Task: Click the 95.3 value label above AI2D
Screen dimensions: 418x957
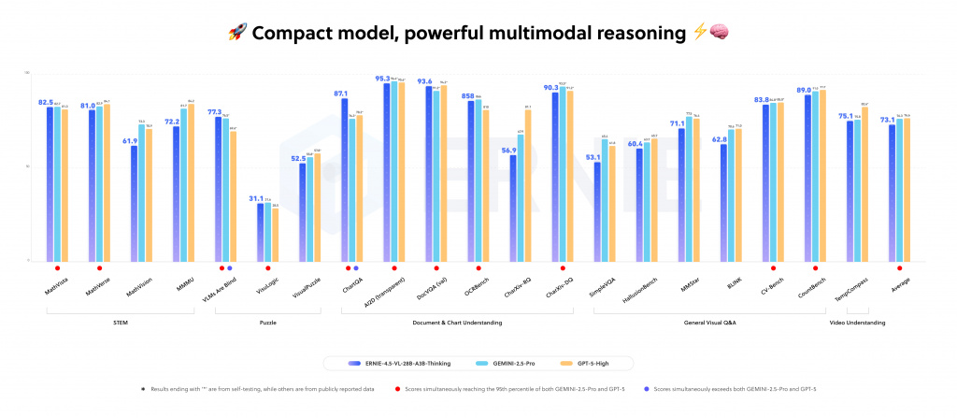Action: [382, 79]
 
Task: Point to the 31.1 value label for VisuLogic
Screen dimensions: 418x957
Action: [258, 198]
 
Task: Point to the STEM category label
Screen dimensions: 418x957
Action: [121, 323]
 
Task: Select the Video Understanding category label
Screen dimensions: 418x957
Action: [858, 323]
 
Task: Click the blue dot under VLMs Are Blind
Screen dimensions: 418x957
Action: [229, 268]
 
